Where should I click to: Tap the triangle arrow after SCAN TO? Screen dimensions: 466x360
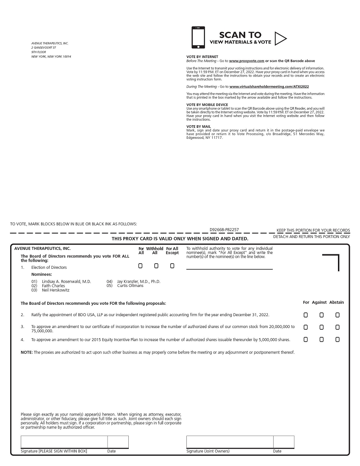pos(280,39)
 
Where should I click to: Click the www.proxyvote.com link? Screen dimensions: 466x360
pos(246,61)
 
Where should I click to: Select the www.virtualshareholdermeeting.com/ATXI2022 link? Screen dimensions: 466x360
pos(269,86)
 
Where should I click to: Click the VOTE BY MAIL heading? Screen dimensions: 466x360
pos(199,127)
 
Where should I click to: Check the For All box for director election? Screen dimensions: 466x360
pos(141,266)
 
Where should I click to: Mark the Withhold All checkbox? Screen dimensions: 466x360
pos(156,266)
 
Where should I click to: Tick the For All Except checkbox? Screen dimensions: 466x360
pos(172,266)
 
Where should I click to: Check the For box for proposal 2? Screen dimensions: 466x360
pos(306,315)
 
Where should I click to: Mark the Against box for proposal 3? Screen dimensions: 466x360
pos(321,327)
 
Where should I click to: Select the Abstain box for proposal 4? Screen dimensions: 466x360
pos(338,339)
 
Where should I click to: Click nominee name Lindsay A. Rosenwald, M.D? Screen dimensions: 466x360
pos(66,281)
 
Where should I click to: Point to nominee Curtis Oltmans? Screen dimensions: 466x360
pos(130,286)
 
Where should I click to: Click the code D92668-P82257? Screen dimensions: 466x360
pos(224,230)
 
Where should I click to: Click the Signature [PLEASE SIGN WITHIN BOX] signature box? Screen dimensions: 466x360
pos(64,442)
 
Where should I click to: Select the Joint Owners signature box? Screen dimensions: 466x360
pos(230,442)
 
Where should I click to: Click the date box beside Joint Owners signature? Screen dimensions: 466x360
pos(283,442)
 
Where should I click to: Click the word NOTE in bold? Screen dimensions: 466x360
pos(26,352)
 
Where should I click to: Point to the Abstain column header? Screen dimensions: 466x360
pos(337,302)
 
